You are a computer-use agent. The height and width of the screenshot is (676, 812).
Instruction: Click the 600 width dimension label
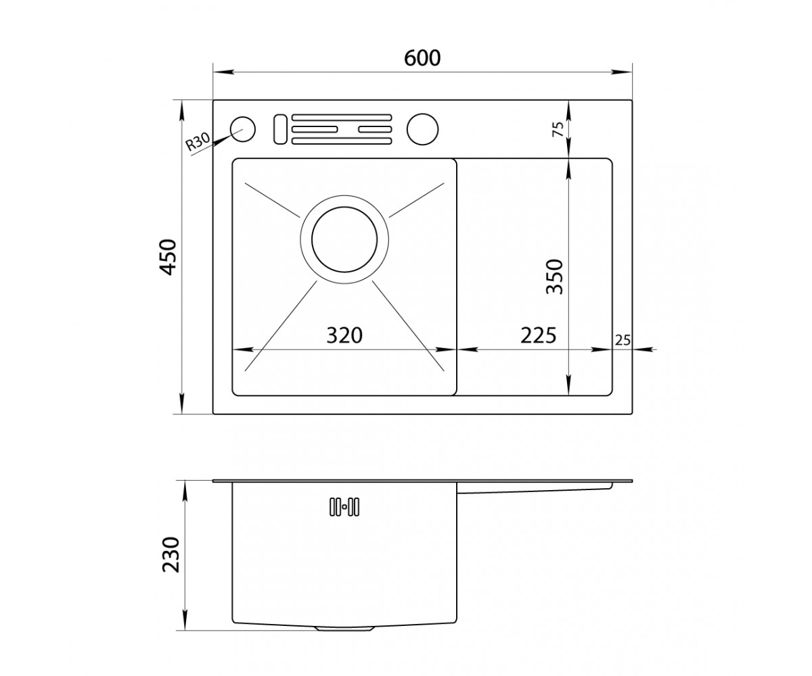pyautogui.click(x=422, y=58)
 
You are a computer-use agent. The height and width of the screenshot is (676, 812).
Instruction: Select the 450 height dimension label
pyautogui.click(x=169, y=257)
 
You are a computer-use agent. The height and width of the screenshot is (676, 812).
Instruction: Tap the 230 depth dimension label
pyautogui.click(x=171, y=555)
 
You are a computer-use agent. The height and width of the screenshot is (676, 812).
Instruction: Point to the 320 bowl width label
pyautogui.click(x=344, y=335)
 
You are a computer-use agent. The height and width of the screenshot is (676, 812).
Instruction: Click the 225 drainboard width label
pyautogui.click(x=538, y=335)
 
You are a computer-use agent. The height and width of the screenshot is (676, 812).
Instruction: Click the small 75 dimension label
pyautogui.click(x=558, y=129)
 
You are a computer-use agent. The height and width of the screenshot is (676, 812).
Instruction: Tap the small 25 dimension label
pyautogui.click(x=623, y=340)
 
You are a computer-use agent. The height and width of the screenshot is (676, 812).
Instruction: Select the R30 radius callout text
pyautogui.click(x=198, y=141)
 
